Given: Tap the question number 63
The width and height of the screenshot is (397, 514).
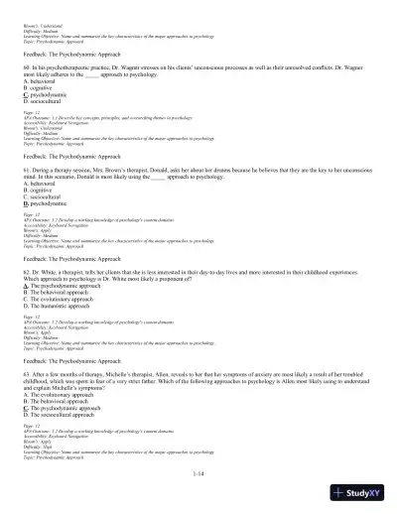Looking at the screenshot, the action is coord(54,371).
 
